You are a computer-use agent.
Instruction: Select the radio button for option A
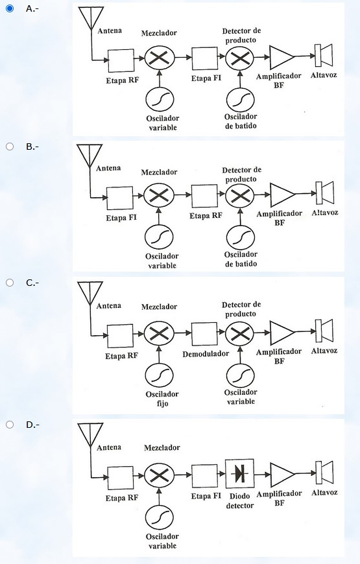[x=10, y=8]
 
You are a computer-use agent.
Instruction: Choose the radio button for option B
[x=10, y=147]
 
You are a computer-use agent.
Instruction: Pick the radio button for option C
[x=10, y=283]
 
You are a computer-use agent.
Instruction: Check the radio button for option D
[x=10, y=425]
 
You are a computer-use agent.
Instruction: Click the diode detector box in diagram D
[x=240, y=473]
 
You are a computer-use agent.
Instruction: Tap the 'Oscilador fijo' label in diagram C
[x=162, y=399]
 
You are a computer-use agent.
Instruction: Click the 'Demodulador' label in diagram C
[x=206, y=354]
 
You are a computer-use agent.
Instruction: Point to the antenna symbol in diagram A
[x=91, y=18]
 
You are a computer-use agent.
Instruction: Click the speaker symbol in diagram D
[x=324, y=473]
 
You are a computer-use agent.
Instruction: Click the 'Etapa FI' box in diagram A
[x=204, y=58]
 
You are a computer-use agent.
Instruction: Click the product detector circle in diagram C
[x=240, y=334]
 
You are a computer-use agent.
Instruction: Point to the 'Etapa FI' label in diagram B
[x=121, y=218]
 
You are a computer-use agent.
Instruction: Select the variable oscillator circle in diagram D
[x=160, y=518]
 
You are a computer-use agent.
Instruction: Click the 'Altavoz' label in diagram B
[x=325, y=212]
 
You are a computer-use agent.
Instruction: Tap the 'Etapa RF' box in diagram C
[x=120, y=336]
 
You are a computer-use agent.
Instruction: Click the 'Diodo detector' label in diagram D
[x=240, y=500]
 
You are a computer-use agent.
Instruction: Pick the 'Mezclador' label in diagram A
[x=159, y=33]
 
